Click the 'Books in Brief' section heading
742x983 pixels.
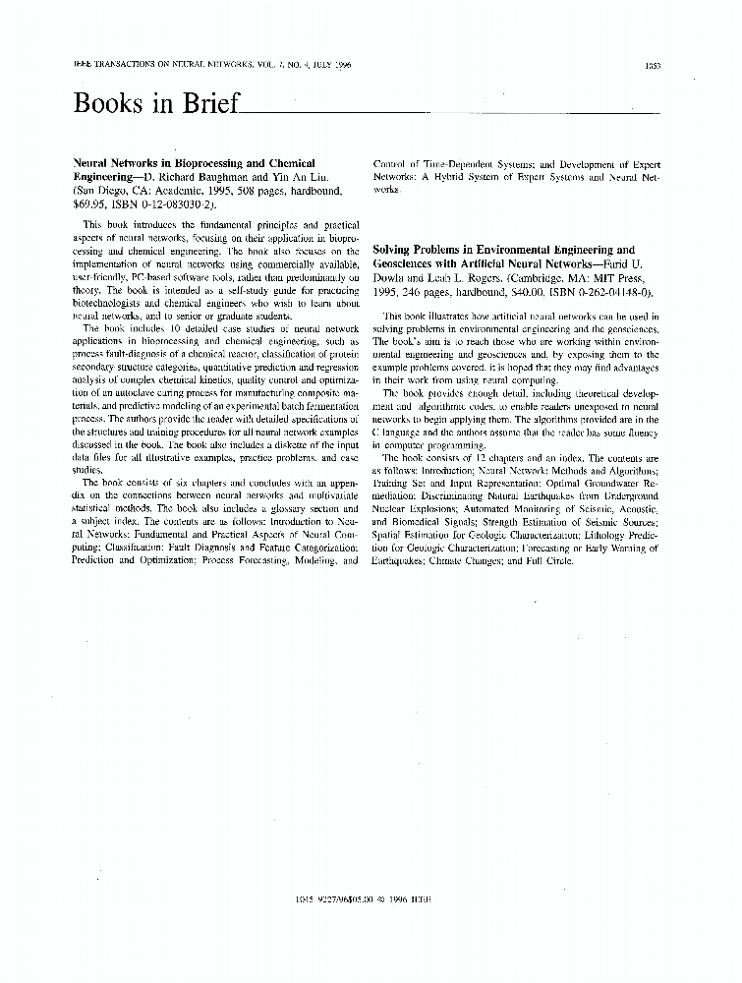coord(156,103)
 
